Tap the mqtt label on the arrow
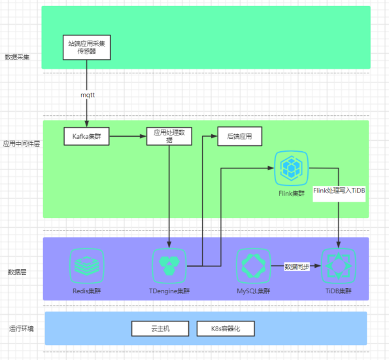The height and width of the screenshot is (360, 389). point(88,95)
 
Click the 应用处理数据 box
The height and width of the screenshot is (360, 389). point(169,135)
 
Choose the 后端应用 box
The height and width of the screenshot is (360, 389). point(239,135)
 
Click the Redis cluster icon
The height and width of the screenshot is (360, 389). point(86,265)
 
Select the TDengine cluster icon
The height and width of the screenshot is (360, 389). point(169,265)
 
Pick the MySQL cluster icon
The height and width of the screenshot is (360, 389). point(252,265)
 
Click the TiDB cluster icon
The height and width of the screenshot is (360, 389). point(338,265)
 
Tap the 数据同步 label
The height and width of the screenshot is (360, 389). point(297,266)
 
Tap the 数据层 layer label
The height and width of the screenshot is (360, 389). point(17,271)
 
